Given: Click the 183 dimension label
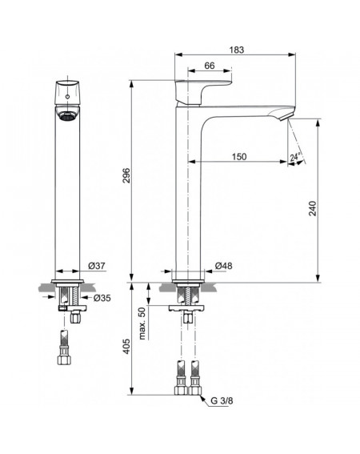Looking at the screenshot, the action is [x=237, y=50].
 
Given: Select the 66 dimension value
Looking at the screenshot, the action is [x=210, y=66].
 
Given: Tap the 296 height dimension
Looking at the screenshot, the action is [x=126, y=175].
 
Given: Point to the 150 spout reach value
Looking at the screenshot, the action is [x=239, y=157].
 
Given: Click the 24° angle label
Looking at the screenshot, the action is [x=295, y=157].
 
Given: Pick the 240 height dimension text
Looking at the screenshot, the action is [x=313, y=208].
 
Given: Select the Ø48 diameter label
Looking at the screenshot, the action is [x=224, y=266].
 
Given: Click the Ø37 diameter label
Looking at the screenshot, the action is [x=97, y=266].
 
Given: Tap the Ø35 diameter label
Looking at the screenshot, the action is [x=102, y=298].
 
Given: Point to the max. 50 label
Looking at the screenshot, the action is [x=142, y=323].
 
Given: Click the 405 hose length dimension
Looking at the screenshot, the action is [x=126, y=347].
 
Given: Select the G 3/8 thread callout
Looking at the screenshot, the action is [x=222, y=400].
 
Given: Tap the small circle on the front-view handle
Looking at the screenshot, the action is [x=67, y=96].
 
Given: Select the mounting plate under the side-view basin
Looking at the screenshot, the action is [x=187, y=308].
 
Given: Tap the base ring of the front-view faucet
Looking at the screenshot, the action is [x=67, y=281].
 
